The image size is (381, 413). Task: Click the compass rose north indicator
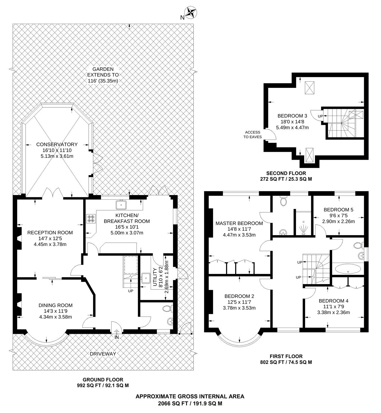tap(190, 12)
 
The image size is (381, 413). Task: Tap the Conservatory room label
tap(57, 144)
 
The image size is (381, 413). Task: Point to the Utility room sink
tap(146, 278)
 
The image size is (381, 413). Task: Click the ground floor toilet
tap(168, 308)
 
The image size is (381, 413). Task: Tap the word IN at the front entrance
tap(117, 337)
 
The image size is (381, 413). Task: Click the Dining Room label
tap(56, 305)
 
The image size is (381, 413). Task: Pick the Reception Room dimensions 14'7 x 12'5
tap(50, 239)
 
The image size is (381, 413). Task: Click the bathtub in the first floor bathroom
tap(347, 269)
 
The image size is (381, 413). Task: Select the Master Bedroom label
tap(239, 223)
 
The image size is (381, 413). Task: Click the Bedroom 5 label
tap(338, 210)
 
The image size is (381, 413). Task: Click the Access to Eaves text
tap(253, 135)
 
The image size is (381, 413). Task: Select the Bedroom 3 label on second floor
tap(292, 116)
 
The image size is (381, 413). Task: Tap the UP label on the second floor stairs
tap(320, 116)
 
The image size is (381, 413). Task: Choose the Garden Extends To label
tap(103, 75)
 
